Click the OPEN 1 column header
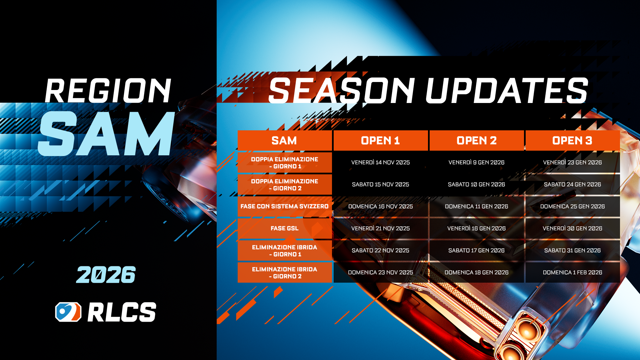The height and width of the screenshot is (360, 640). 380,141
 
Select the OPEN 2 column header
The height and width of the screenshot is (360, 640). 476,141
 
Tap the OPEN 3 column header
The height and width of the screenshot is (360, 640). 572,141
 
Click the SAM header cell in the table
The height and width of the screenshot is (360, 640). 284,141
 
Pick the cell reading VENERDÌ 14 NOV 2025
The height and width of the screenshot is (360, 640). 380,163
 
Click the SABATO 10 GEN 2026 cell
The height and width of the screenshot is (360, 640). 476,185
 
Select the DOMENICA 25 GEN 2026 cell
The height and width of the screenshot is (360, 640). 572,207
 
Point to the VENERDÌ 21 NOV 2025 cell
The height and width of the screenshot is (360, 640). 380,229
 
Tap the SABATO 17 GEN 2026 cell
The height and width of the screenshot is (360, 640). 476,251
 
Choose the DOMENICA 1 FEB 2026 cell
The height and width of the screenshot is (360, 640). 572,273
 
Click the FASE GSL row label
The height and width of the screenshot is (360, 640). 284,229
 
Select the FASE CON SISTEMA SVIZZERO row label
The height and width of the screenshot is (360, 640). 284,207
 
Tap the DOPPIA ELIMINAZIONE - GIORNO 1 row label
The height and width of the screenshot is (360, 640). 284,163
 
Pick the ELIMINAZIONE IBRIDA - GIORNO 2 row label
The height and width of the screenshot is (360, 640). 284,273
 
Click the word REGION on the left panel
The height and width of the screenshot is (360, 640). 108,91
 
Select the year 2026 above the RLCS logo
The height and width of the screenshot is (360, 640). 106,275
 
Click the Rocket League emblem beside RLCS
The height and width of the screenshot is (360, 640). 68,312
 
